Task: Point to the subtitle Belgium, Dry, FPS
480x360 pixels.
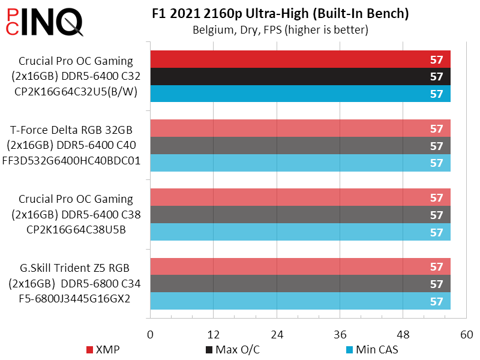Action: [x=280, y=29]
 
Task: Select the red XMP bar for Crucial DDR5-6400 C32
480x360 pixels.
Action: [x=300, y=59]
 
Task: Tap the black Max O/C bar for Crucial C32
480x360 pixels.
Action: [x=300, y=77]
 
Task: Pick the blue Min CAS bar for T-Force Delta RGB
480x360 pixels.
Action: [x=300, y=163]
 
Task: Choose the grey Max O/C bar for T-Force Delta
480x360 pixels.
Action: [x=300, y=146]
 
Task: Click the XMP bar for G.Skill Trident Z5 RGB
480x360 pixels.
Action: [x=300, y=266]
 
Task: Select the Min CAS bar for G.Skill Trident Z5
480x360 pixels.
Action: [x=300, y=301]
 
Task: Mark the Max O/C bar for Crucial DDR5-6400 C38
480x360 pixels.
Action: [x=300, y=215]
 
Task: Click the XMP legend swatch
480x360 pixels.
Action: [x=90, y=350]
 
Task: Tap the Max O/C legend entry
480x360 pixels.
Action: [x=233, y=350]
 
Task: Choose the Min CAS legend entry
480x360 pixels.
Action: [x=372, y=350]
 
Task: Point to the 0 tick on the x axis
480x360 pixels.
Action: [x=150, y=334]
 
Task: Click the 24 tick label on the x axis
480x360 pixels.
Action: [x=277, y=334]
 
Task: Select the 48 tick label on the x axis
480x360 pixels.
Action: [x=403, y=334]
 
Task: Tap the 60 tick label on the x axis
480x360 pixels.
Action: [x=466, y=334]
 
